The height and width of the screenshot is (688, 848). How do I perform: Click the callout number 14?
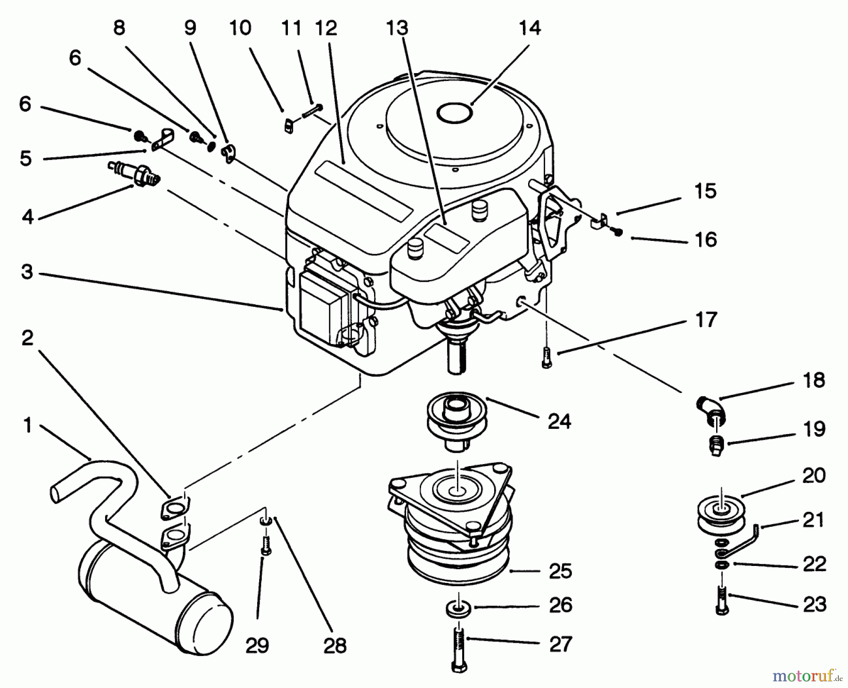pyautogui.click(x=530, y=28)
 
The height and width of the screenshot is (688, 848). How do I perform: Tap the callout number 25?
pyautogui.click(x=560, y=571)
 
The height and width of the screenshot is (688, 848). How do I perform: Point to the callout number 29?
pyautogui.click(x=257, y=645)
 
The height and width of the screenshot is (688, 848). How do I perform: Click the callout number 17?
pyautogui.click(x=706, y=319)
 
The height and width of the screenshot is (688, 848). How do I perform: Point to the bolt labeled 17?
pyautogui.click(x=546, y=357)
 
